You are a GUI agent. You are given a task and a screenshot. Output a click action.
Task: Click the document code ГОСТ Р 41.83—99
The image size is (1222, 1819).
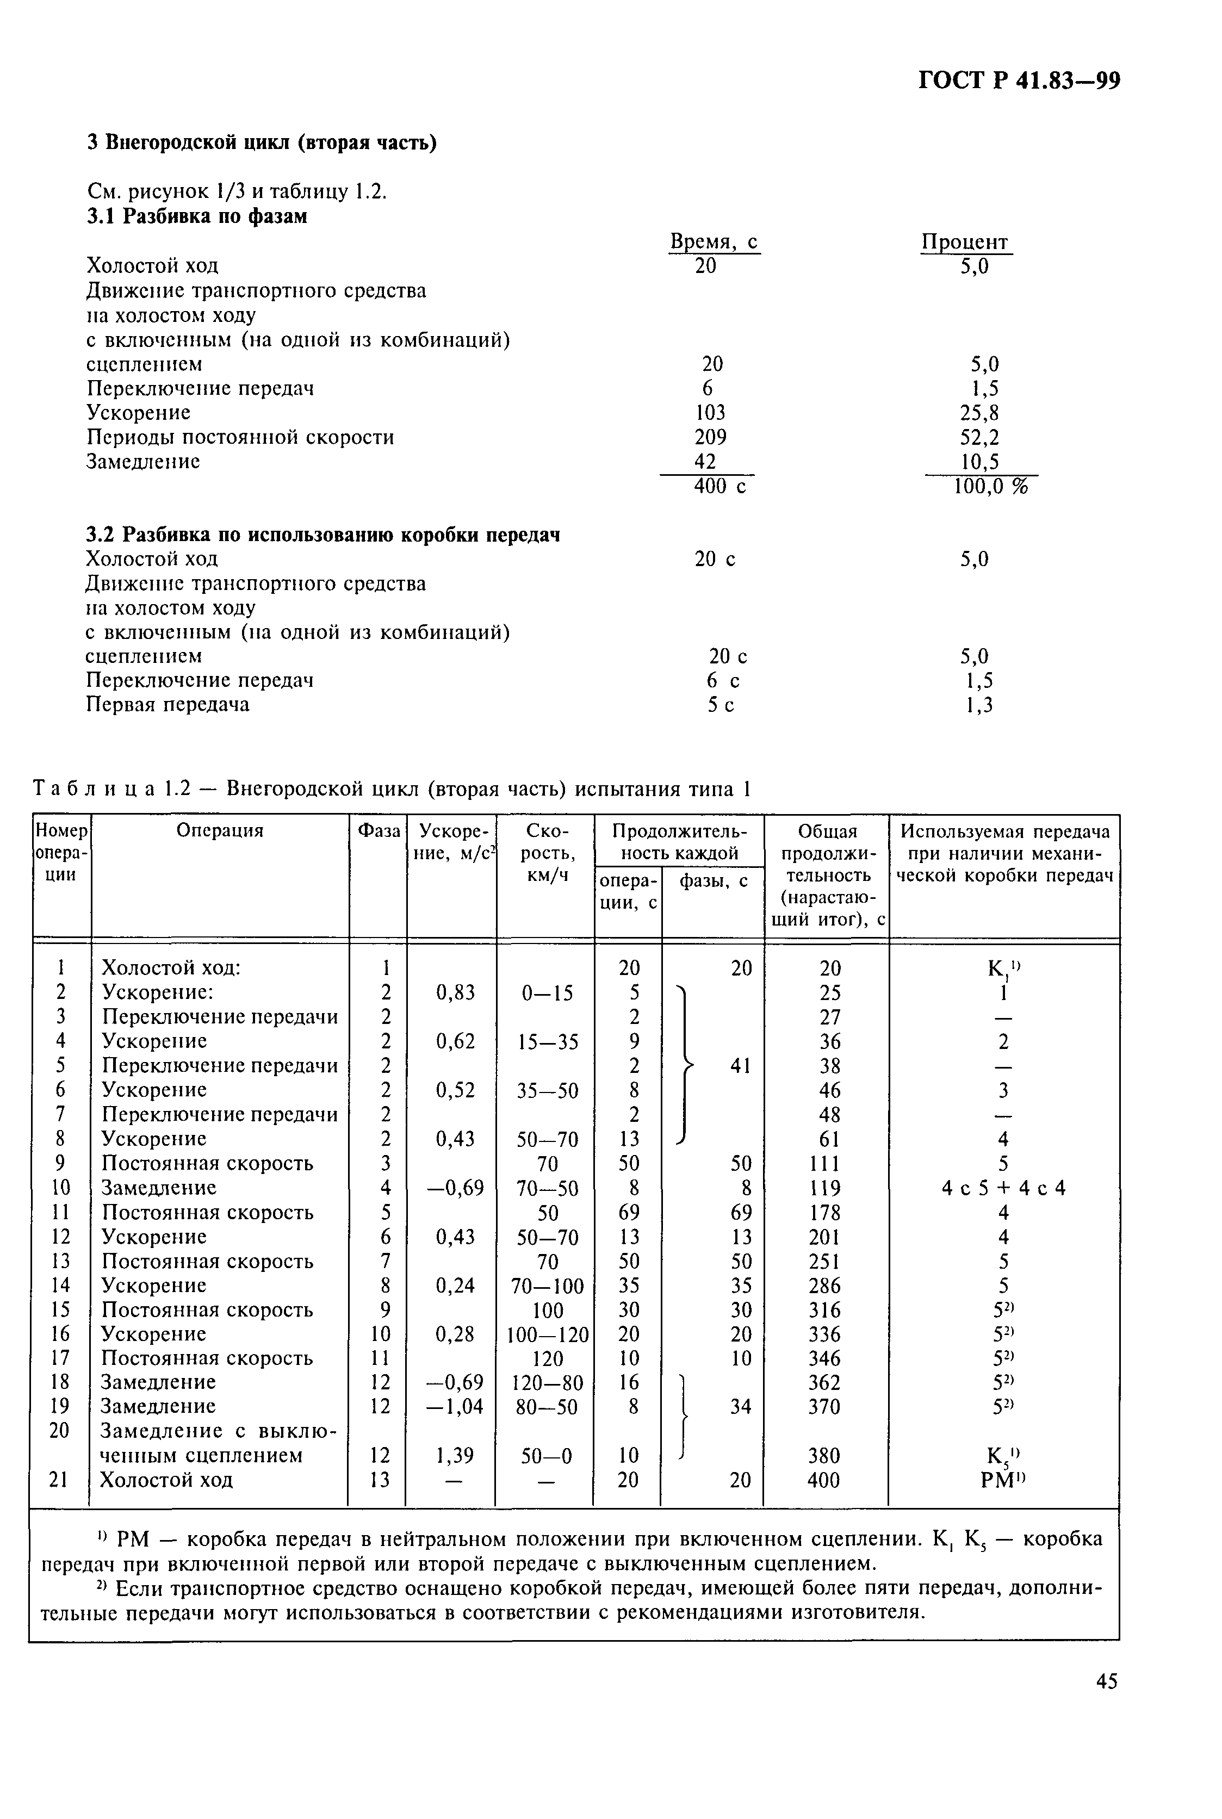click(1019, 81)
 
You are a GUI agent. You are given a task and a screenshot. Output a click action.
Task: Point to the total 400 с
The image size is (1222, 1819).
click(720, 487)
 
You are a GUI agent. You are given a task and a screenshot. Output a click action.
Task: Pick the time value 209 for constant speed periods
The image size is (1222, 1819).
click(710, 437)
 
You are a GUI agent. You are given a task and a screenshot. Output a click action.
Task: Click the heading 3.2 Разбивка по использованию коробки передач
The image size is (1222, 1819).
click(322, 536)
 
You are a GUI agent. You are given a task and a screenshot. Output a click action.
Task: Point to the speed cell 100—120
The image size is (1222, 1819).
click(547, 1334)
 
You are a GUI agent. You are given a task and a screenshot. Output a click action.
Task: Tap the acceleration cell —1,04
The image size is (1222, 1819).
click(455, 1407)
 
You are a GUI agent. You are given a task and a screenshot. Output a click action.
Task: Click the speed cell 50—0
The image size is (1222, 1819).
click(547, 1455)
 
